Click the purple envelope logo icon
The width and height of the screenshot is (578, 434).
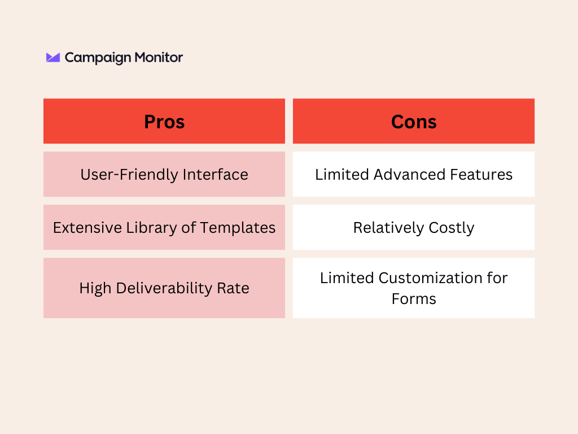(x=52, y=57)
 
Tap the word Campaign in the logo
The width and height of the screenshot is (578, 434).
(x=98, y=58)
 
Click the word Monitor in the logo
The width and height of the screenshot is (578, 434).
(x=159, y=57)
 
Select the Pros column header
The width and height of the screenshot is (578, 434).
(x=164, y=121)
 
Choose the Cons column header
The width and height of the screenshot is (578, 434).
(x=414, y=121)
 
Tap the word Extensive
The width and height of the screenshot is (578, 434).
(x=87, y=228)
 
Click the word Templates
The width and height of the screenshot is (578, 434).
(x=238, y=228)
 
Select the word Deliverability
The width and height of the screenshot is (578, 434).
(x=164, y=288)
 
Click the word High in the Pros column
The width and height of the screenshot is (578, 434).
(x=95, y=288)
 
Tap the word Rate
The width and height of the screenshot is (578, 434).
(x=233, y=288)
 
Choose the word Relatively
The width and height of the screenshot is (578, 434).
(x=388, y=228)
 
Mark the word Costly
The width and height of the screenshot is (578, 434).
(x=451, y=228)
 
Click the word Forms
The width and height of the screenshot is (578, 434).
(x=414, y=299)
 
